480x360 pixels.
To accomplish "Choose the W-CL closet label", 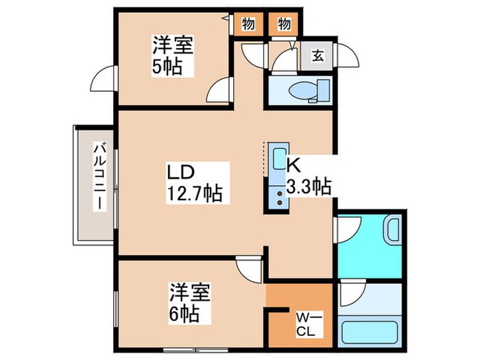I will coord(304,324).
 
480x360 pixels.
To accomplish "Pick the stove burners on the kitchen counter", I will coord(280,198).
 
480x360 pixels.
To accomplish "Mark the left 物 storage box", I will coord(248,25).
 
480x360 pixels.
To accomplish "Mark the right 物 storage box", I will coord(284,25).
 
